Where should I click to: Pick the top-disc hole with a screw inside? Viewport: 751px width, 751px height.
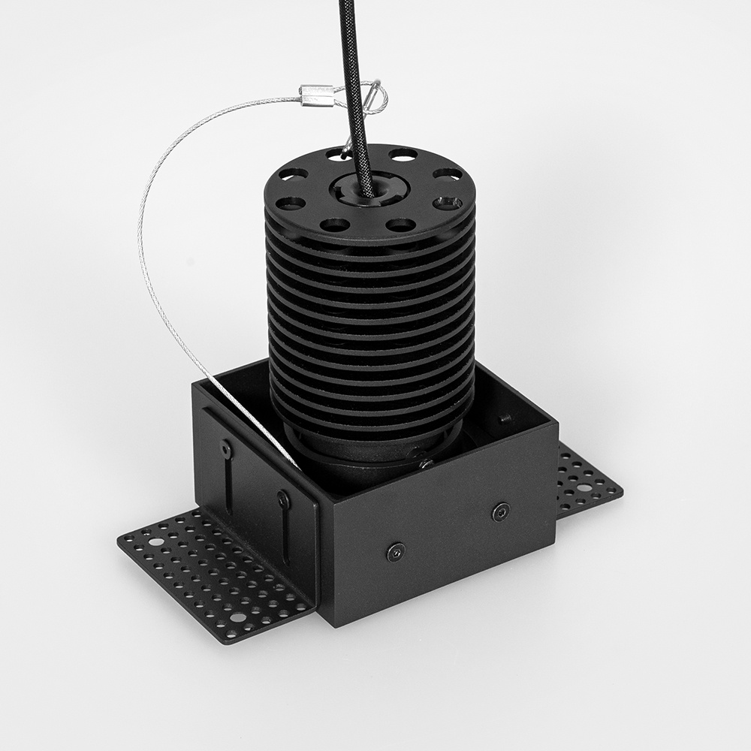448,203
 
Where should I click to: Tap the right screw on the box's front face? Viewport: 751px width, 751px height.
501,512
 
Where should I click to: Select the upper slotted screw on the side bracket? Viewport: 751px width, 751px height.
225,449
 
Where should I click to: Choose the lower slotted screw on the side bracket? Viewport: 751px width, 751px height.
283,498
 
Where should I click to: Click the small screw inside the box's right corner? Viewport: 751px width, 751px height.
506,417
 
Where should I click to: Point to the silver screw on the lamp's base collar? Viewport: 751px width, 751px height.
424,463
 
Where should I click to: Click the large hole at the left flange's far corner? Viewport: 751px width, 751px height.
155,541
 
